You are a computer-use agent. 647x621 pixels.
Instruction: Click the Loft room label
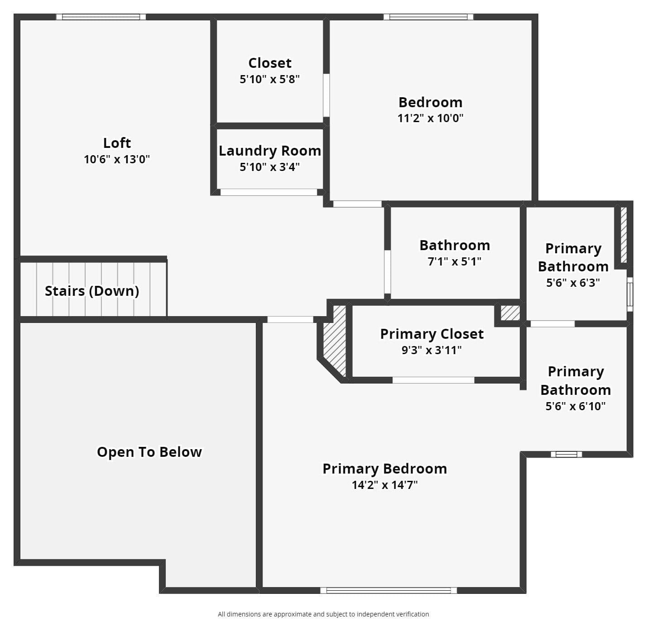click(x=117, y=143)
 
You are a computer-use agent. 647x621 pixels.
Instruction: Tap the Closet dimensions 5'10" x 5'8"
click(x=269, y=79)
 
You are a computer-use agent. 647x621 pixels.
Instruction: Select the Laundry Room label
click(x=270, y=151)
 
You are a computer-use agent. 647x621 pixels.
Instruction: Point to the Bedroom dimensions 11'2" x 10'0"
click(x=430, y=118)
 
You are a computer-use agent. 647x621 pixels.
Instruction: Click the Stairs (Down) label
click(x=92, y=291)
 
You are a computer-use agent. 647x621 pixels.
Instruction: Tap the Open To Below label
click(x=149, y=452)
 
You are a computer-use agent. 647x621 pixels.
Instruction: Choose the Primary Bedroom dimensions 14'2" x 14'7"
click(x=384, y=485)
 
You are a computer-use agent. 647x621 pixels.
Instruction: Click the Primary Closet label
click(x=432, y=334)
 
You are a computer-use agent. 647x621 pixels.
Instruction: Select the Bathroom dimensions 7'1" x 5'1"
click(x=455, y=261)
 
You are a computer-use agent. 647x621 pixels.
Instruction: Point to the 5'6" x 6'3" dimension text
click(x=573, y=283)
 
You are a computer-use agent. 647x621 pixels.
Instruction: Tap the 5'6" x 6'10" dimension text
click(x=575, y=406)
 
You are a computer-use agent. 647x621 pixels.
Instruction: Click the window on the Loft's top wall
click(x=101, y=17)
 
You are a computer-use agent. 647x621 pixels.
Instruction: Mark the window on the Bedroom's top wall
click(x=428, y=17)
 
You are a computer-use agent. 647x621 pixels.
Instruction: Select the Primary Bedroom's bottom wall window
click(x=388, y=590)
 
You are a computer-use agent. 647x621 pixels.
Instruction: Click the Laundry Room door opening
click(x=268, y=192)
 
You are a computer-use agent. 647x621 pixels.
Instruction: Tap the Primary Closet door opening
click(x=433, y=380)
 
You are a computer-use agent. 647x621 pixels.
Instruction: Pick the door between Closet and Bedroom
click(x=326, y=95)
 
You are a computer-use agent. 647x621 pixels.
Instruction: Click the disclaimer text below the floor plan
click(x=323, y=614)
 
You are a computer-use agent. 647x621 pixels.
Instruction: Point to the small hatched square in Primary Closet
click(x=510, y=313)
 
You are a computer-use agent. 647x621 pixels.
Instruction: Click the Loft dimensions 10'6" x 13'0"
click(x=117, y=159)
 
